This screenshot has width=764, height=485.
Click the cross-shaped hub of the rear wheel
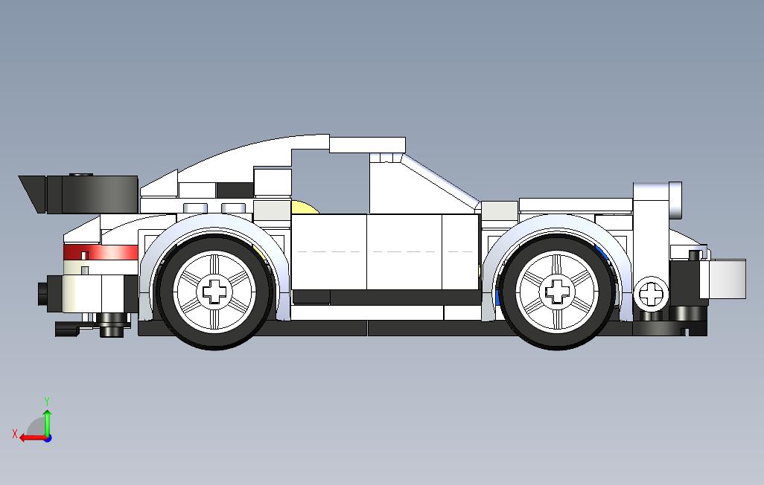(x=216, y=290)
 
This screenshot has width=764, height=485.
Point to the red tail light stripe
(x=101, y=251)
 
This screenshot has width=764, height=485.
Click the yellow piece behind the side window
(x=304, y=208)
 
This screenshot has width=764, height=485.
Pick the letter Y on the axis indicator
(x=47, y=402)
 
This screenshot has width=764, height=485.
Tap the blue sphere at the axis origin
(x=48, y=438)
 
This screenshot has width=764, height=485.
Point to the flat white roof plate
(x=368, y=144)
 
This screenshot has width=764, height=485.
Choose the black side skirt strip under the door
(x=387, y=298)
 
